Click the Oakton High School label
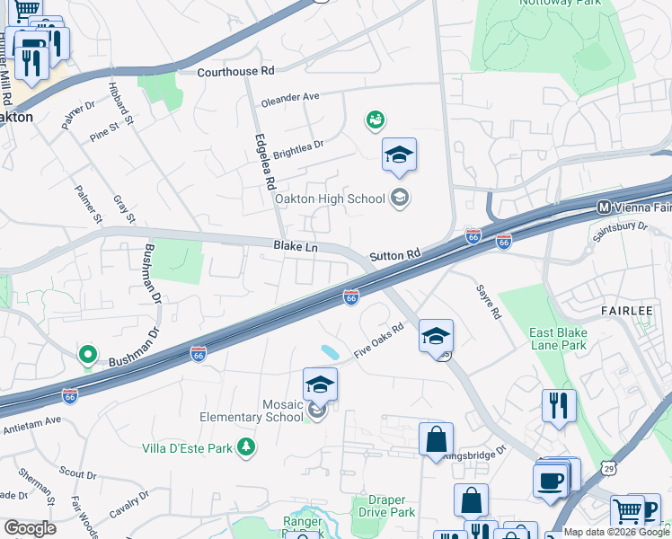coord(329,199)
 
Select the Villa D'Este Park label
coord(186,447)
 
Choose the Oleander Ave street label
coord(290,99)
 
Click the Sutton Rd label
coord(395,255)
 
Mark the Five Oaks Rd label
coord(379,341)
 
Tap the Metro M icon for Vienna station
coord(605,208)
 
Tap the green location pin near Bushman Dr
coord(87,356)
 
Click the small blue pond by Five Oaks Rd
coord(330,350)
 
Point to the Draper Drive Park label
coord(392,506)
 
